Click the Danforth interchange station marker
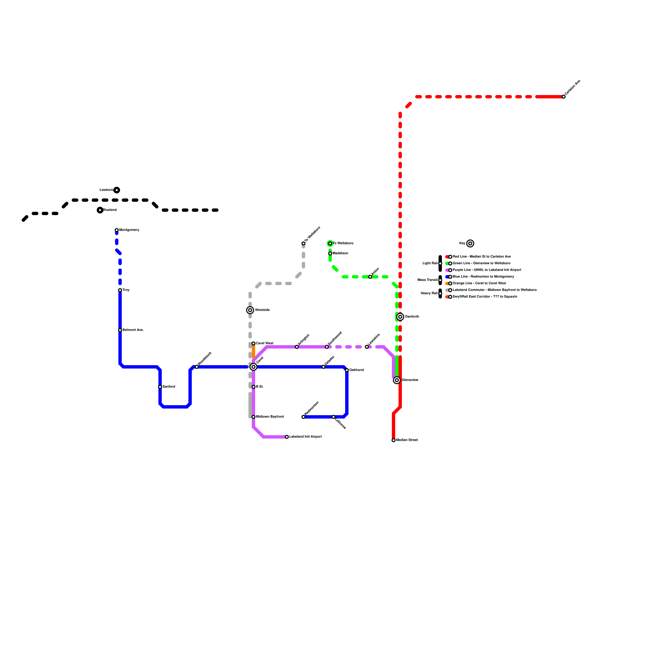tap(400, 317)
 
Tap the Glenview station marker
tap(397, 380)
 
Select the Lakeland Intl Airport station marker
tap(287, 437)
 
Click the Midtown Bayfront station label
tap(270, 417)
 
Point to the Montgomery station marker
tap(117, 230)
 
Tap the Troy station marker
tap(120, 290)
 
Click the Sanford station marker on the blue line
tap(160, 387)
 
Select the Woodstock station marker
tap(197, 367)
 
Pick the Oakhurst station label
tap(356, 370)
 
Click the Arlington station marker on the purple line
tap(297, 347)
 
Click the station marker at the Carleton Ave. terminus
tap(564, 97)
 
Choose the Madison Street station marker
tap(394, 440)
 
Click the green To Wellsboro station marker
tap(330, 243)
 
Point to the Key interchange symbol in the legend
tap(470, 243)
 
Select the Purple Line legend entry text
tap(487, 270)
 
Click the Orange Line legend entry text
tap(479, 283)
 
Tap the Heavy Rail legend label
tap(429, 293)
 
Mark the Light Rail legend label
tap(430, 263)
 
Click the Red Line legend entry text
tap(481, 257)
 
